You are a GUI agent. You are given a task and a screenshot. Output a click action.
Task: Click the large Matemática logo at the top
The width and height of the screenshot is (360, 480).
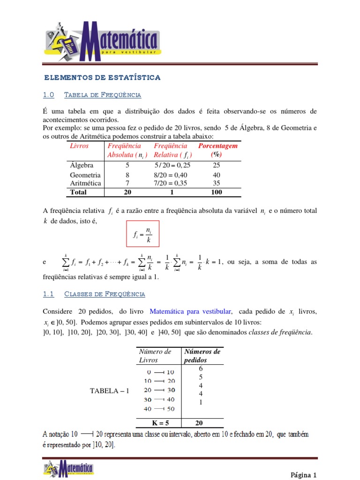click(x=103, y=41)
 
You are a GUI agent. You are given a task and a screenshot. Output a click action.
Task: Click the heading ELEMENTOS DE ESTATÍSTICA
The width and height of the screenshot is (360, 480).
click(x=102, y=77)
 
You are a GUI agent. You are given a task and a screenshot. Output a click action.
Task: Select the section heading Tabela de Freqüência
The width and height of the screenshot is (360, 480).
click(x=102, y=95)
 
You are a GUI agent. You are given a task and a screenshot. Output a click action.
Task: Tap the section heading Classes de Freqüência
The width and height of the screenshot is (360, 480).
click(x=104, y=294)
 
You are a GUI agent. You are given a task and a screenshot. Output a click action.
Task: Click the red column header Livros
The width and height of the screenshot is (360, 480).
click(x=79, y=146)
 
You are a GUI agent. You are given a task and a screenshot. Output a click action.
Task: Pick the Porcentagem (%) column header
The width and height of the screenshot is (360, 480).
click(x=217, y=150)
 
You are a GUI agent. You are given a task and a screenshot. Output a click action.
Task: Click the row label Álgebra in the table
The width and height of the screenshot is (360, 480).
click(x=82, y=165)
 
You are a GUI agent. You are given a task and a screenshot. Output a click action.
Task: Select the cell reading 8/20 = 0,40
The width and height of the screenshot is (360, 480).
click(x=171, y=175)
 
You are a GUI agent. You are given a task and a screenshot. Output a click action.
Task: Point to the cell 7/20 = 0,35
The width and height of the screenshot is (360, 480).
click(x=171, y=183)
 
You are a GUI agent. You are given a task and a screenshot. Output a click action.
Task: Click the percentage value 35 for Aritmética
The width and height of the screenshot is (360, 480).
click(x=217, y=183)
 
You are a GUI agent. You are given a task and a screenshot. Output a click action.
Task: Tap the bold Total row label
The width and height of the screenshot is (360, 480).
click(x=78, y=192)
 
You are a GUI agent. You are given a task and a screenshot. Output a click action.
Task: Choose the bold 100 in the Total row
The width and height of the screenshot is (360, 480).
click(x=217, y=192)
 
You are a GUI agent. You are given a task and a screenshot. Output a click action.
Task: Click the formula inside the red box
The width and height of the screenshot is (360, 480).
click(x=142, y=234)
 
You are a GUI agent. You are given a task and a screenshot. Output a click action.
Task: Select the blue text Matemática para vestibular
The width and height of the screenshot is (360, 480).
click(x=191, y=311)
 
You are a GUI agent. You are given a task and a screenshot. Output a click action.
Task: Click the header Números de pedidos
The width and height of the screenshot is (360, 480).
click(x=202, y=356)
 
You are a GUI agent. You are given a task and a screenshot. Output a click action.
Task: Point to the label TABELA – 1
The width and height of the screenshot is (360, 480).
click(x=109, y=390)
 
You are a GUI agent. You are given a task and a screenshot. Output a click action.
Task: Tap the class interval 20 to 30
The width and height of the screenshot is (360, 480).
click(x=159, y=390)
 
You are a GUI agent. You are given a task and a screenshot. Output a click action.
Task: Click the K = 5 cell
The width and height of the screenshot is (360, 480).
click(x=157, y=423)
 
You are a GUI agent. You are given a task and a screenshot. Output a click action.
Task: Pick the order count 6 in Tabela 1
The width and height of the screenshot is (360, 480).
click(x=201, y=369)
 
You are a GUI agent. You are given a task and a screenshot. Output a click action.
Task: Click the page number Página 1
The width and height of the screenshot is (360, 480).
click(x=304, y=474)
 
